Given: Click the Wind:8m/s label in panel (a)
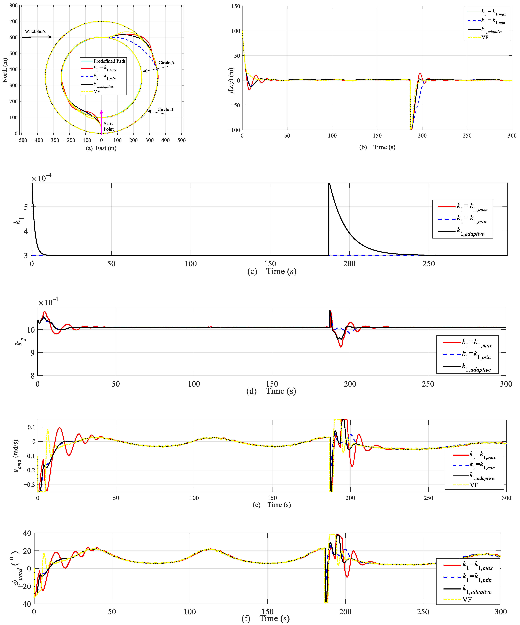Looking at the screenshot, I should pos(35,31).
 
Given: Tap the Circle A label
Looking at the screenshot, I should pos(166,62).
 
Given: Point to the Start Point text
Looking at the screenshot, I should pos(108,126).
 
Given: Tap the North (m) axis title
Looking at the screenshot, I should pos(5,70).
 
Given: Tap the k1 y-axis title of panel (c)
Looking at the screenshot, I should pos(18,220).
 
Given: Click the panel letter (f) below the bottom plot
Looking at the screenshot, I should pos(246,618).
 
